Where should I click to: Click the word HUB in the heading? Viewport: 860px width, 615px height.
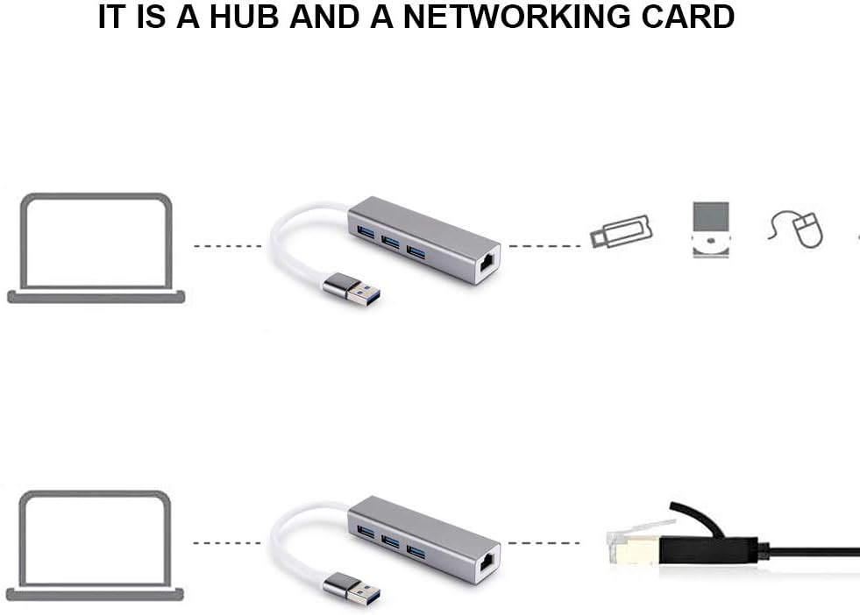(x=245, y=16)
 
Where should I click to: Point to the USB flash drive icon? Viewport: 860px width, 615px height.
(x=622, y=231)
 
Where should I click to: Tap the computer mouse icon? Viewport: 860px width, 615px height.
(x=796, y=230)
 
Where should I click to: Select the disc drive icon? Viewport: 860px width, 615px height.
(x=711, y=230)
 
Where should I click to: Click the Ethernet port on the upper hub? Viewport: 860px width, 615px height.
(x=487, y=265)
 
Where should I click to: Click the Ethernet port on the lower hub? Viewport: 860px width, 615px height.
(x=487, y=563)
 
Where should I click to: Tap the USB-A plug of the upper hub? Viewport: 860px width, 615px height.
(x=352, y=288)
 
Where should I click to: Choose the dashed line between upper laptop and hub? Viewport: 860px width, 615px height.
(x=228, y=246)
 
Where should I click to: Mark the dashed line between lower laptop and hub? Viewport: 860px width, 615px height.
(x=227, y=543)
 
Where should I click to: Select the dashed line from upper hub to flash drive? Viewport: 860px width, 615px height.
(x=544, y=246)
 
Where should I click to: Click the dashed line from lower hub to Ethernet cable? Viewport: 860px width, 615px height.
(x=544, y=543)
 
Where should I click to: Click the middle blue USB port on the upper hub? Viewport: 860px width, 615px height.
(x=390, y=242)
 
